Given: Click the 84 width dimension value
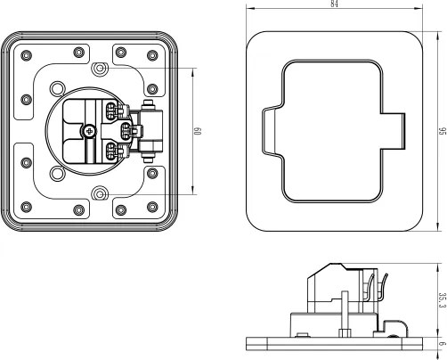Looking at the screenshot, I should (x=334, y=4).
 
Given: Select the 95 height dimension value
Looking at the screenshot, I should (x=442, y=131).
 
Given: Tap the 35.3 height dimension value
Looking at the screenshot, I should (x=442, y=299).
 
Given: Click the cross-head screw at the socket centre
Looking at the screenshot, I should (x=88, y=132).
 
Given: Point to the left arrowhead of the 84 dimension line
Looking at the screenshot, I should (x=248, y=9).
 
